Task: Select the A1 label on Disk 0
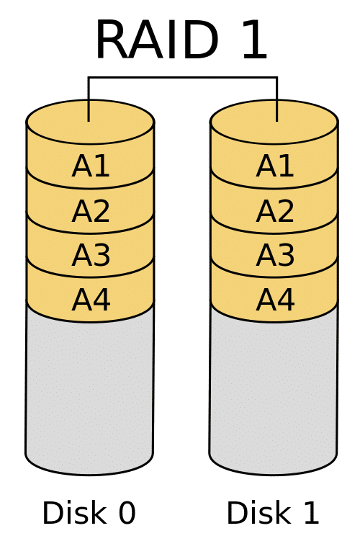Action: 91,166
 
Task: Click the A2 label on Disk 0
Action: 91,211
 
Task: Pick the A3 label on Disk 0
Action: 91,256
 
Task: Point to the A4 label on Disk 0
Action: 91,300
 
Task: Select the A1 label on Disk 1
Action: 275,166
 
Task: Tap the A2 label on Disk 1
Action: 275,211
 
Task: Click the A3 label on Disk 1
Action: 275,256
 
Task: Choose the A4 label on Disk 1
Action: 275,300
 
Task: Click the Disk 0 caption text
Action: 89,513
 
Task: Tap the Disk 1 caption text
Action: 273,513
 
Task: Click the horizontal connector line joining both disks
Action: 183,77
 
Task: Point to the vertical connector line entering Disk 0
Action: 89,99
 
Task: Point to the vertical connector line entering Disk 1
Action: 277,99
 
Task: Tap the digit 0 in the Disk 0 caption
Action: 127,513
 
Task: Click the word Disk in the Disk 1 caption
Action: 257,513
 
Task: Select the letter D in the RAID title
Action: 200,40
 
